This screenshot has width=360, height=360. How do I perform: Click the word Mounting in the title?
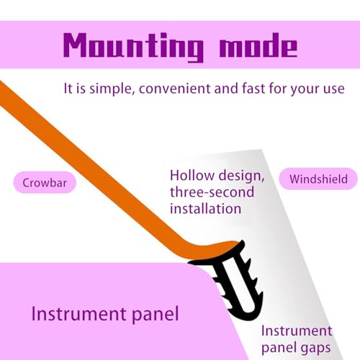pyautogui.click(x=133, y=47)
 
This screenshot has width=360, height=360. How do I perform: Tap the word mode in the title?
pyautogui.click(x=258, y=45)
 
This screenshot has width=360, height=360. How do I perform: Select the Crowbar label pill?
pyautogui.click(x=45, y=183)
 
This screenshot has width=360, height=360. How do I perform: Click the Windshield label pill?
pyautogui.click(x=318, y=179)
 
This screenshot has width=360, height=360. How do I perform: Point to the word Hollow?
pyautogui.click(x=192, y=176)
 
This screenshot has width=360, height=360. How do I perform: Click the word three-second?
pyautogui.click(x=212, y=192)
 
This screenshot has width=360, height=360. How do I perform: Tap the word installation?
pyautogui.click(x=205, y=208)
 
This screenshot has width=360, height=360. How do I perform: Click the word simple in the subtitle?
pyautogui.click(x=111, y=89)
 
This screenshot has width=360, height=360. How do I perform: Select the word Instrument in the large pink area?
pyautogui.click(x=78, y=313)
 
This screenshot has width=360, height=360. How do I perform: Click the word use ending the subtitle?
pyautogui.click(x=334, y=89)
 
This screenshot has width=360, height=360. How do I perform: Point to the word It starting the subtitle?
pyautogui.click(x=68, y=89)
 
